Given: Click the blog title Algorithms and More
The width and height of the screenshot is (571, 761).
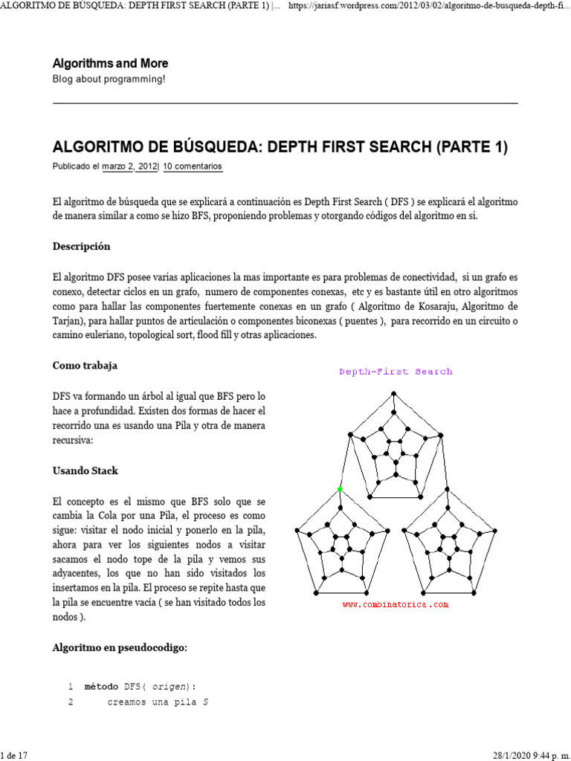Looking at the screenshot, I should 110,64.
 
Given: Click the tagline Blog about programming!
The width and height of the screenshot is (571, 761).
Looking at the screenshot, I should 109,80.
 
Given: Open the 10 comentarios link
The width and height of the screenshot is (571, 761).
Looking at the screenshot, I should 193,167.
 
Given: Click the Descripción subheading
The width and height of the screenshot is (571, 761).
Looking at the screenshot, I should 81,246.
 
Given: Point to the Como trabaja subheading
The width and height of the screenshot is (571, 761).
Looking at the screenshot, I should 84,366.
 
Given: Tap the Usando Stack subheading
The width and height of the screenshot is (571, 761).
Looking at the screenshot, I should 85,471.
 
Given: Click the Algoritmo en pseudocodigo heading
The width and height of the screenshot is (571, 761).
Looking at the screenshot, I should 119,648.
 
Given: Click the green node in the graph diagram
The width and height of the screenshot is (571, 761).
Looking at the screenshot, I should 341,489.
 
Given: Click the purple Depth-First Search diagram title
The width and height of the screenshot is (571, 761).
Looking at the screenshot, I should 396,372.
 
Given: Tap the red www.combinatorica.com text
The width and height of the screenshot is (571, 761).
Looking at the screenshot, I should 396,605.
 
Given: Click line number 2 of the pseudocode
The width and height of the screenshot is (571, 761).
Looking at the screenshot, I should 71,702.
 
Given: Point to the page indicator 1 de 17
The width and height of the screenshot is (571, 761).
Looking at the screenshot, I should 14,755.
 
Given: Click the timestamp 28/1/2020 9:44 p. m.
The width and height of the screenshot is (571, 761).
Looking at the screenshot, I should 531,755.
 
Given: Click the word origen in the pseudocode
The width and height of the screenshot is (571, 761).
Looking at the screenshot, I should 167,687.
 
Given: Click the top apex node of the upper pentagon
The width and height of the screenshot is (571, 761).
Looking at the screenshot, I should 396,392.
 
